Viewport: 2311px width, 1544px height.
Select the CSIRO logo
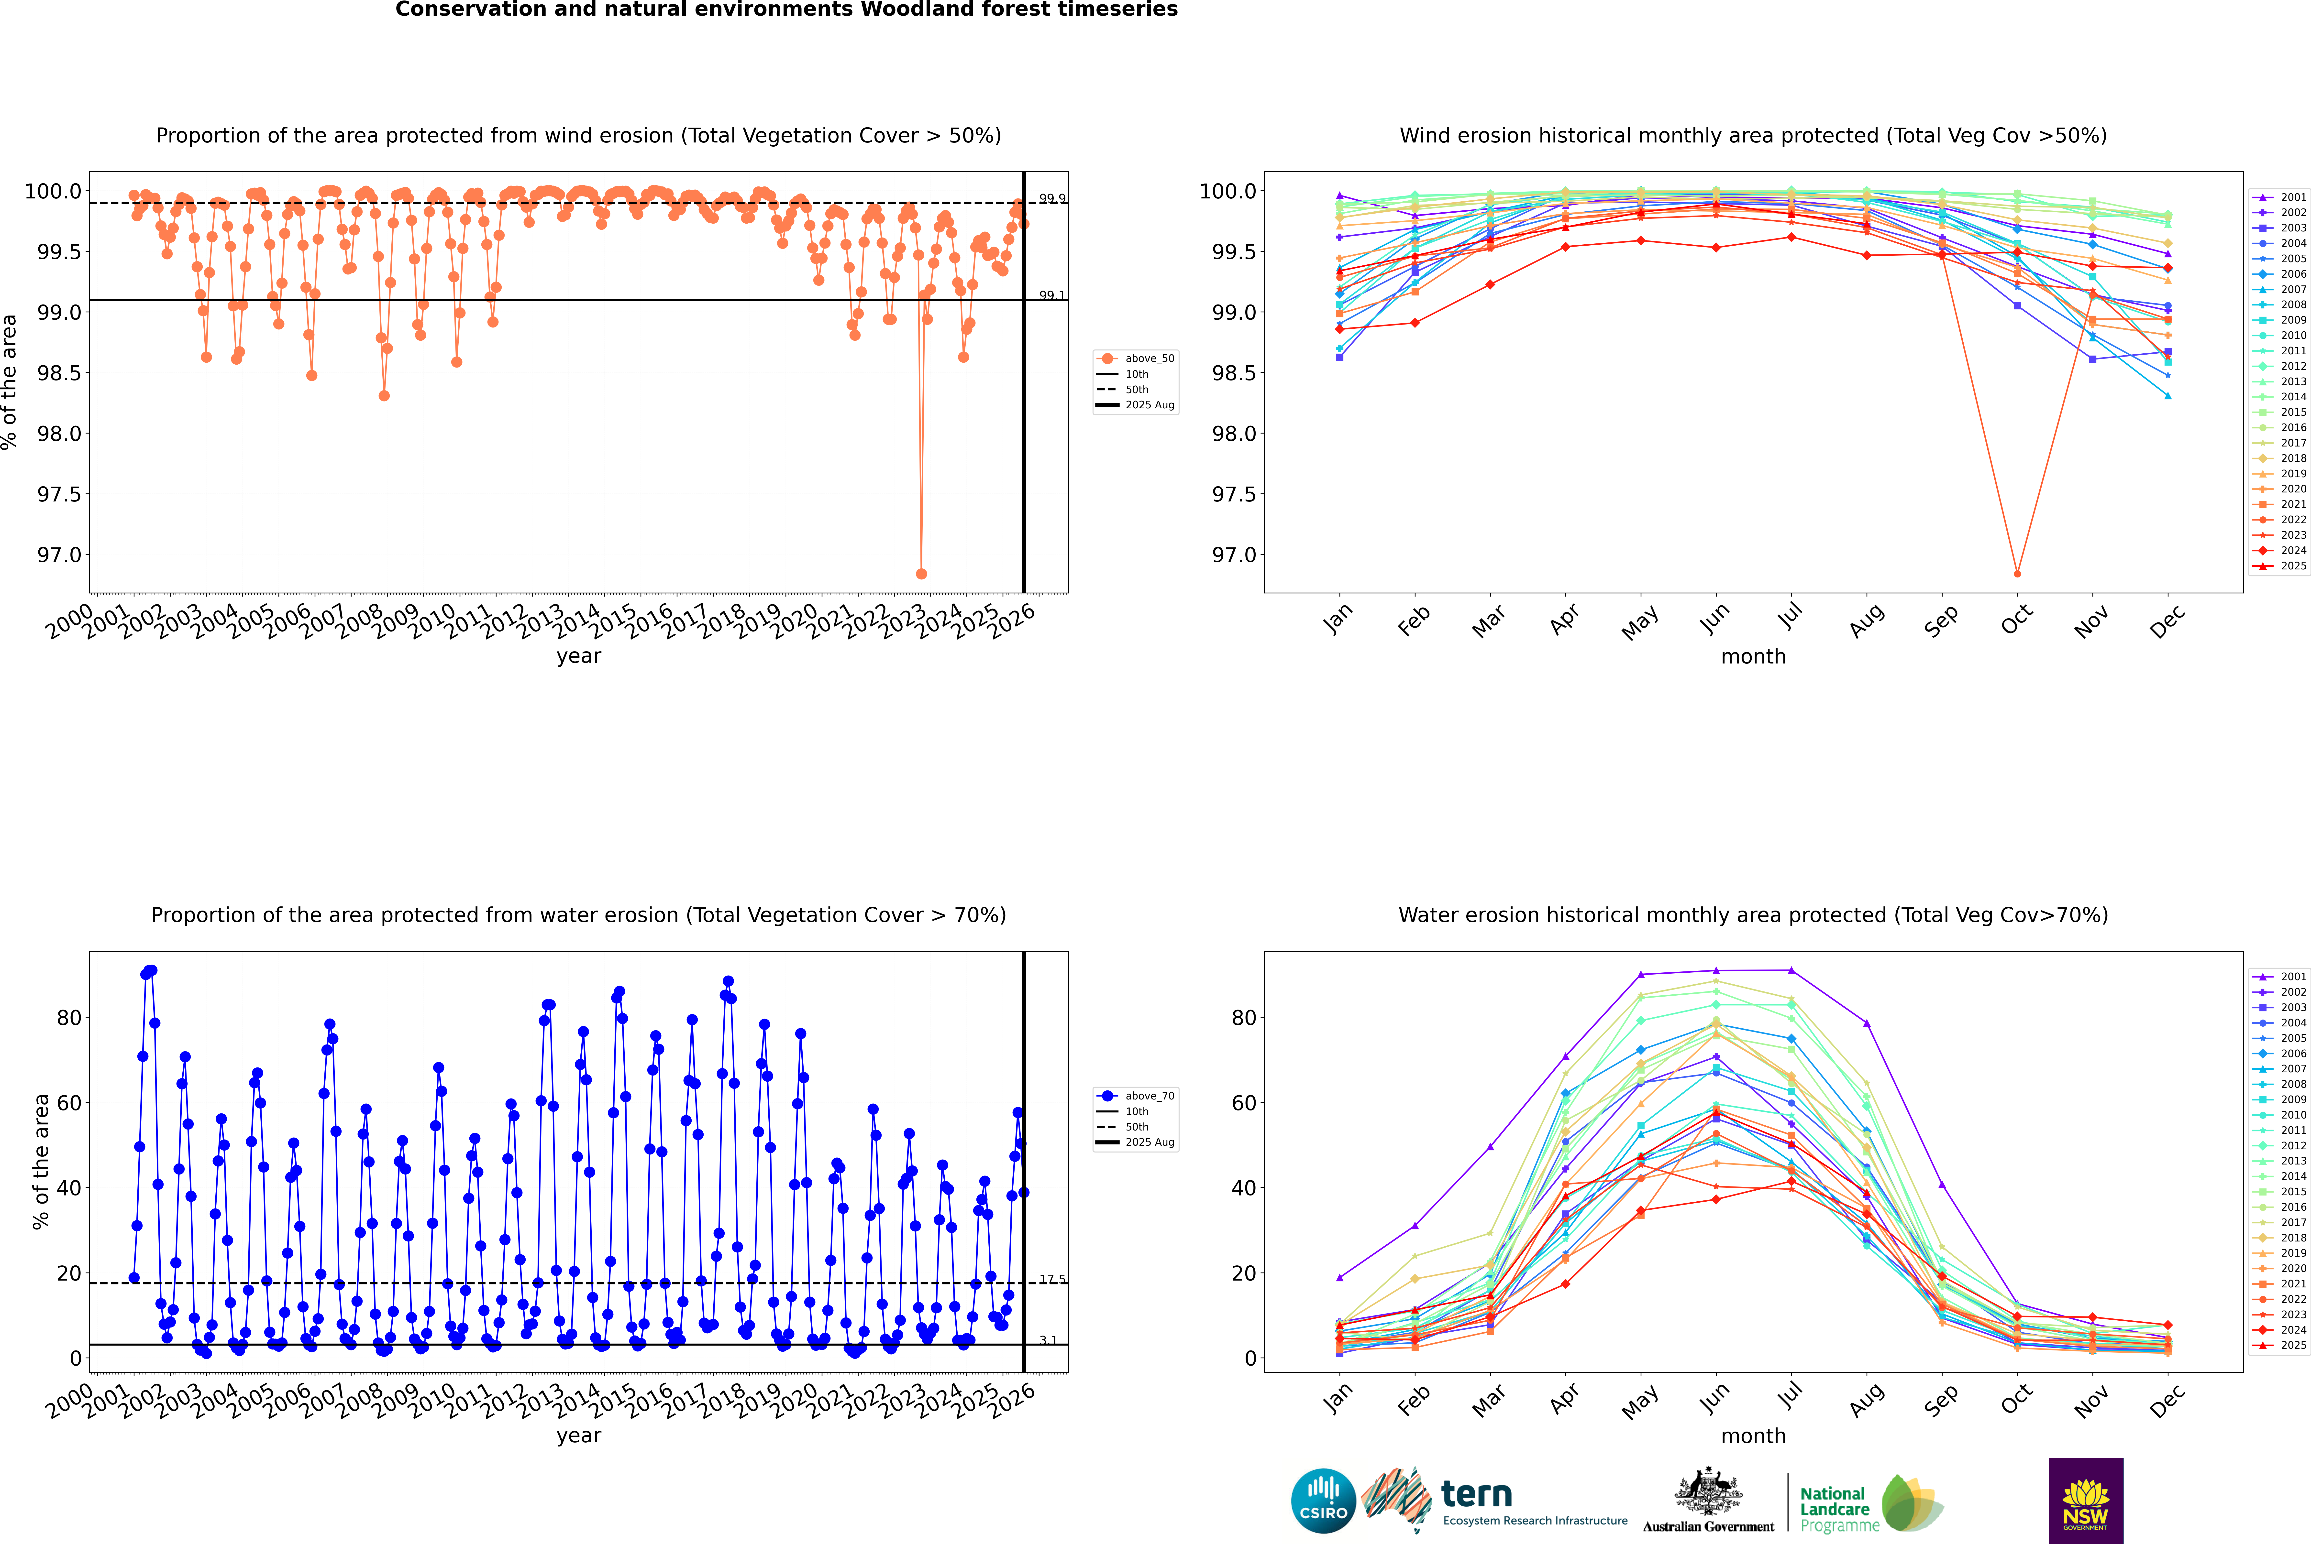[1323, 1501]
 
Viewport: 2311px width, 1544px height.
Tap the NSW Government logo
[2085, 1501]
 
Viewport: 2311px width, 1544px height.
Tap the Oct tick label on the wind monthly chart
[2015, 620]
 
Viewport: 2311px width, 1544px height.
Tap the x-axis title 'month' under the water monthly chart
[1752, 1436]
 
